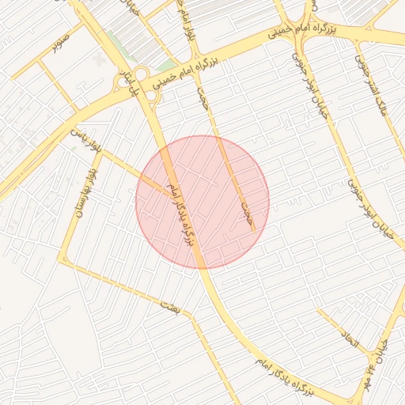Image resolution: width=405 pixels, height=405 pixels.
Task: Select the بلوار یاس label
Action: [x=88, y=140]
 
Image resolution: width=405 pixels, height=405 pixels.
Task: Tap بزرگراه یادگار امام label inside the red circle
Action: [x=181, y=212]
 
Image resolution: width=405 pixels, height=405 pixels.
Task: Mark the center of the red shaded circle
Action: [x=202, y=202]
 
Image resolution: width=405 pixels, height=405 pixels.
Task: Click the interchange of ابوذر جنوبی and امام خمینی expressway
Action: [x=301, y=30]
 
